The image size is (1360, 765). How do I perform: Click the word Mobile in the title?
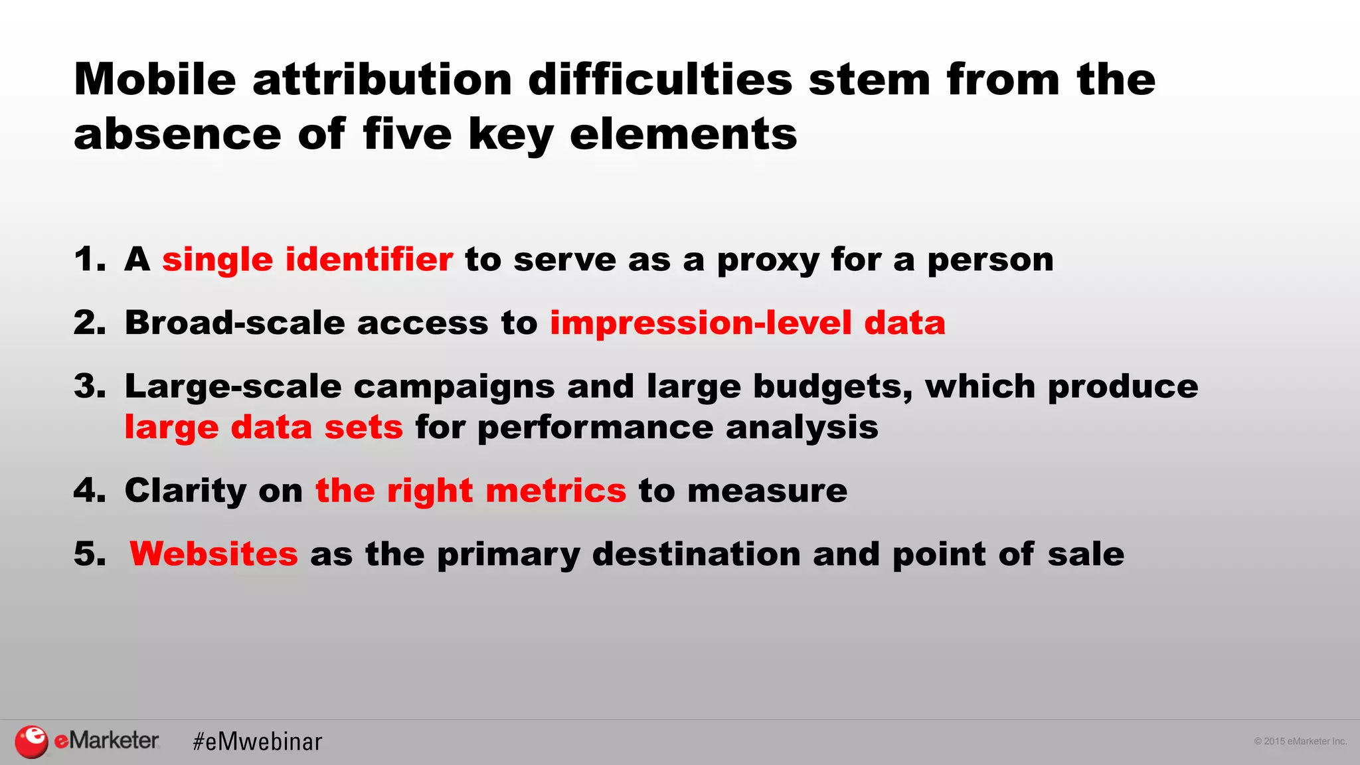(155, 80)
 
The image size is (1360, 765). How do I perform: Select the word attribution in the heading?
(382, 80)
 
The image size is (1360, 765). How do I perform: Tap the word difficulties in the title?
(660, 80)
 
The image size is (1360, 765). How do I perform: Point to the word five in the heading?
(407, 134)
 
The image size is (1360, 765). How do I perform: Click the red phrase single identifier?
(307, 259)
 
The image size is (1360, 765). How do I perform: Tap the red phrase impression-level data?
(747, 323)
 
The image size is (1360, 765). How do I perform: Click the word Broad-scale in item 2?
(234, 323)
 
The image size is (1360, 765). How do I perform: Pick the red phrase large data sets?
(264, 427)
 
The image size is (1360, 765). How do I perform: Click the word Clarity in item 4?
(185, 491)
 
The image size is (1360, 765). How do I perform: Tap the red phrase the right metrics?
(470, 491)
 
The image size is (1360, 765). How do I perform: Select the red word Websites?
(213, 554)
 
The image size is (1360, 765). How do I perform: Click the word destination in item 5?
(696, 554)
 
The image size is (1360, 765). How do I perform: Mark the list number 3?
(89, 386)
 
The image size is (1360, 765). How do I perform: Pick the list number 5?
(89, 554)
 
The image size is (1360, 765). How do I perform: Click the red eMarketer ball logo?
(31, 741)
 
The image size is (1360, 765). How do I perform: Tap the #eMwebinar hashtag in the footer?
(257, 742)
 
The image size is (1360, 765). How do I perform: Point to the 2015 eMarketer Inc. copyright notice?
(1300, 741)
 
